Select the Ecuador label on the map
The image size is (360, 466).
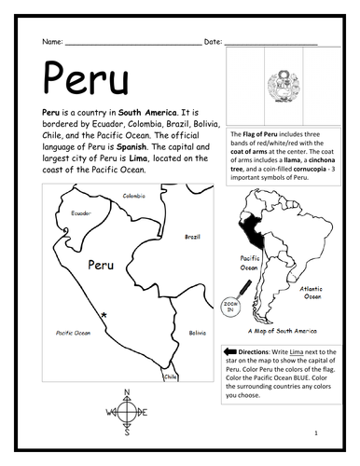coord(82,213)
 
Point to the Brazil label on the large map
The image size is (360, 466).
coord(192,237)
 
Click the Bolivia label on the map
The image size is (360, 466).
coord(196,333)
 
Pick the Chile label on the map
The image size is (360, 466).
coord(170,377)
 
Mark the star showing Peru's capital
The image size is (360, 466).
coord(104,317)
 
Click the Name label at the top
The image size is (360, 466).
coord(51,43)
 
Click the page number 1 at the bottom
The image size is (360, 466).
coord(316,433)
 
